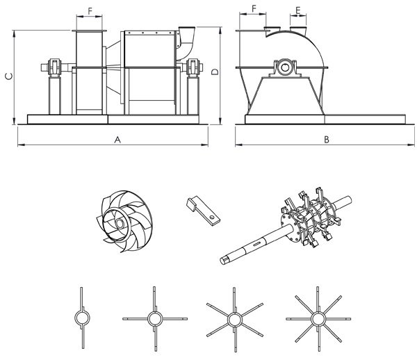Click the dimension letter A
coord(117,140)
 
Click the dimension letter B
coord(327,140)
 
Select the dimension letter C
coord(9,76)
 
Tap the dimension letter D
coord(215,72)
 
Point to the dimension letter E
coord(298,10)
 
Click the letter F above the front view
coord(90,11)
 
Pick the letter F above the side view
coord(254,9)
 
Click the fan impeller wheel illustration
coord(124,222)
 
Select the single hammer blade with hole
coord(203,211)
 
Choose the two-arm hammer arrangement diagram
coord(82,318)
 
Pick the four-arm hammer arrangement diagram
coord(155,319)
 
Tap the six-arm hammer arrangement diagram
coord(235,320)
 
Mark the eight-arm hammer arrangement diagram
coord(318,319)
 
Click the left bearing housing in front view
coord(54,67)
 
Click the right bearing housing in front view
coord(193,67)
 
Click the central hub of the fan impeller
coord(120,224)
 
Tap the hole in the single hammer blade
coord(212,218)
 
